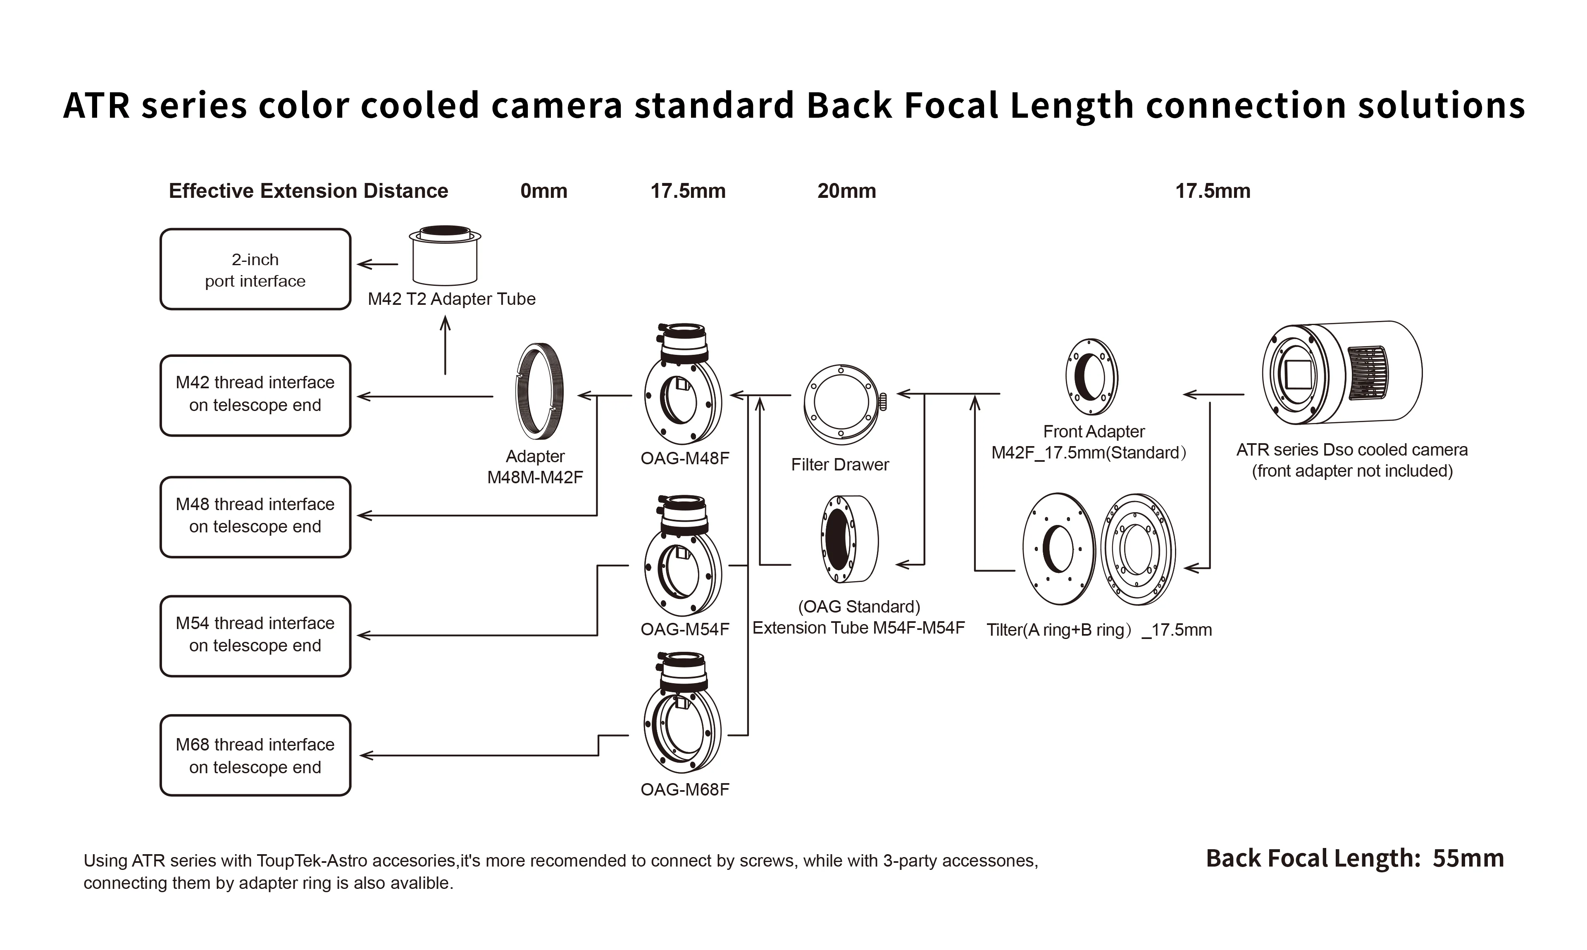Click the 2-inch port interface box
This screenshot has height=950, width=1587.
[x=255, y=269]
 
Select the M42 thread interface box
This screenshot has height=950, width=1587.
[x=255, y=395]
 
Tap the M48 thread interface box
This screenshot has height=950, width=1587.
[x=255, y=516]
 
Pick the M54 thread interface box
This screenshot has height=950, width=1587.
[x=255, y=635]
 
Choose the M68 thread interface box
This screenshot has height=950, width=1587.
[x=255, y=755]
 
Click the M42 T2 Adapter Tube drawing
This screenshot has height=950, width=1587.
[x=444, y=256]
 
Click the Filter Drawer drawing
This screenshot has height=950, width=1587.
[x=841, y=405]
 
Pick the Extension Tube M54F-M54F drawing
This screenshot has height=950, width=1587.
[x=849, y=539]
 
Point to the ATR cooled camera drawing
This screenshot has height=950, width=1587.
[x=1341, y=373]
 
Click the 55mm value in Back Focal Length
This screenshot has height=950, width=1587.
[x=1468, y=858]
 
